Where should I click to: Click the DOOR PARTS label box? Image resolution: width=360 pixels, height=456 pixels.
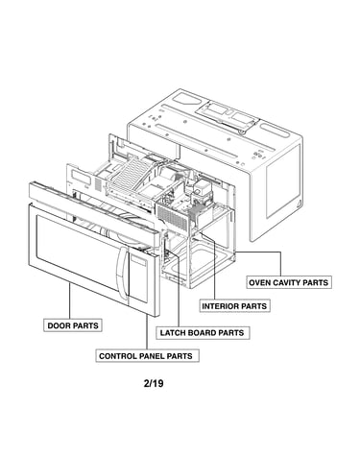click(73, 325)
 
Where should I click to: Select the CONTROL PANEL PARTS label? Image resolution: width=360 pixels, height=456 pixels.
click(147, 356)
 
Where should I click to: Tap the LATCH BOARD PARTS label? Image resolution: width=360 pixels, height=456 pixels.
click(203, 333)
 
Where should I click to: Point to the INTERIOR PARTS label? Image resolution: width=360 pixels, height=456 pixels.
click(234, 306)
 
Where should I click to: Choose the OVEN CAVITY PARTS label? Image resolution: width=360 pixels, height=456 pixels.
click(289, 282)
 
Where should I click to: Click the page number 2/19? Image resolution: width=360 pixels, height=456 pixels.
click(154, 383)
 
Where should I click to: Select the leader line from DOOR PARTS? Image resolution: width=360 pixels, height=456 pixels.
click(70, 300)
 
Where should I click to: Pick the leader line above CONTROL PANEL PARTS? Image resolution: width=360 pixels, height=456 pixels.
click(147, 332)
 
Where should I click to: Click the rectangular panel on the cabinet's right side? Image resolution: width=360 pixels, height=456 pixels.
click(284, 180)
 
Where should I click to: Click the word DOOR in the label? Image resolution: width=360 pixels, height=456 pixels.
click(58, 325)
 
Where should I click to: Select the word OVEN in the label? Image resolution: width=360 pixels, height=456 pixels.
click(258, 282)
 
